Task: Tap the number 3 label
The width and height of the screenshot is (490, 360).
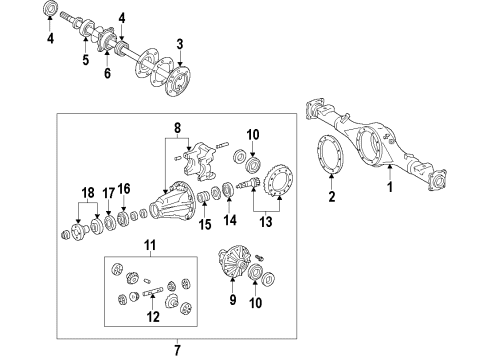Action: point(179,43)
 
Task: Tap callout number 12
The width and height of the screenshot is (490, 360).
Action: point(153,318)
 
